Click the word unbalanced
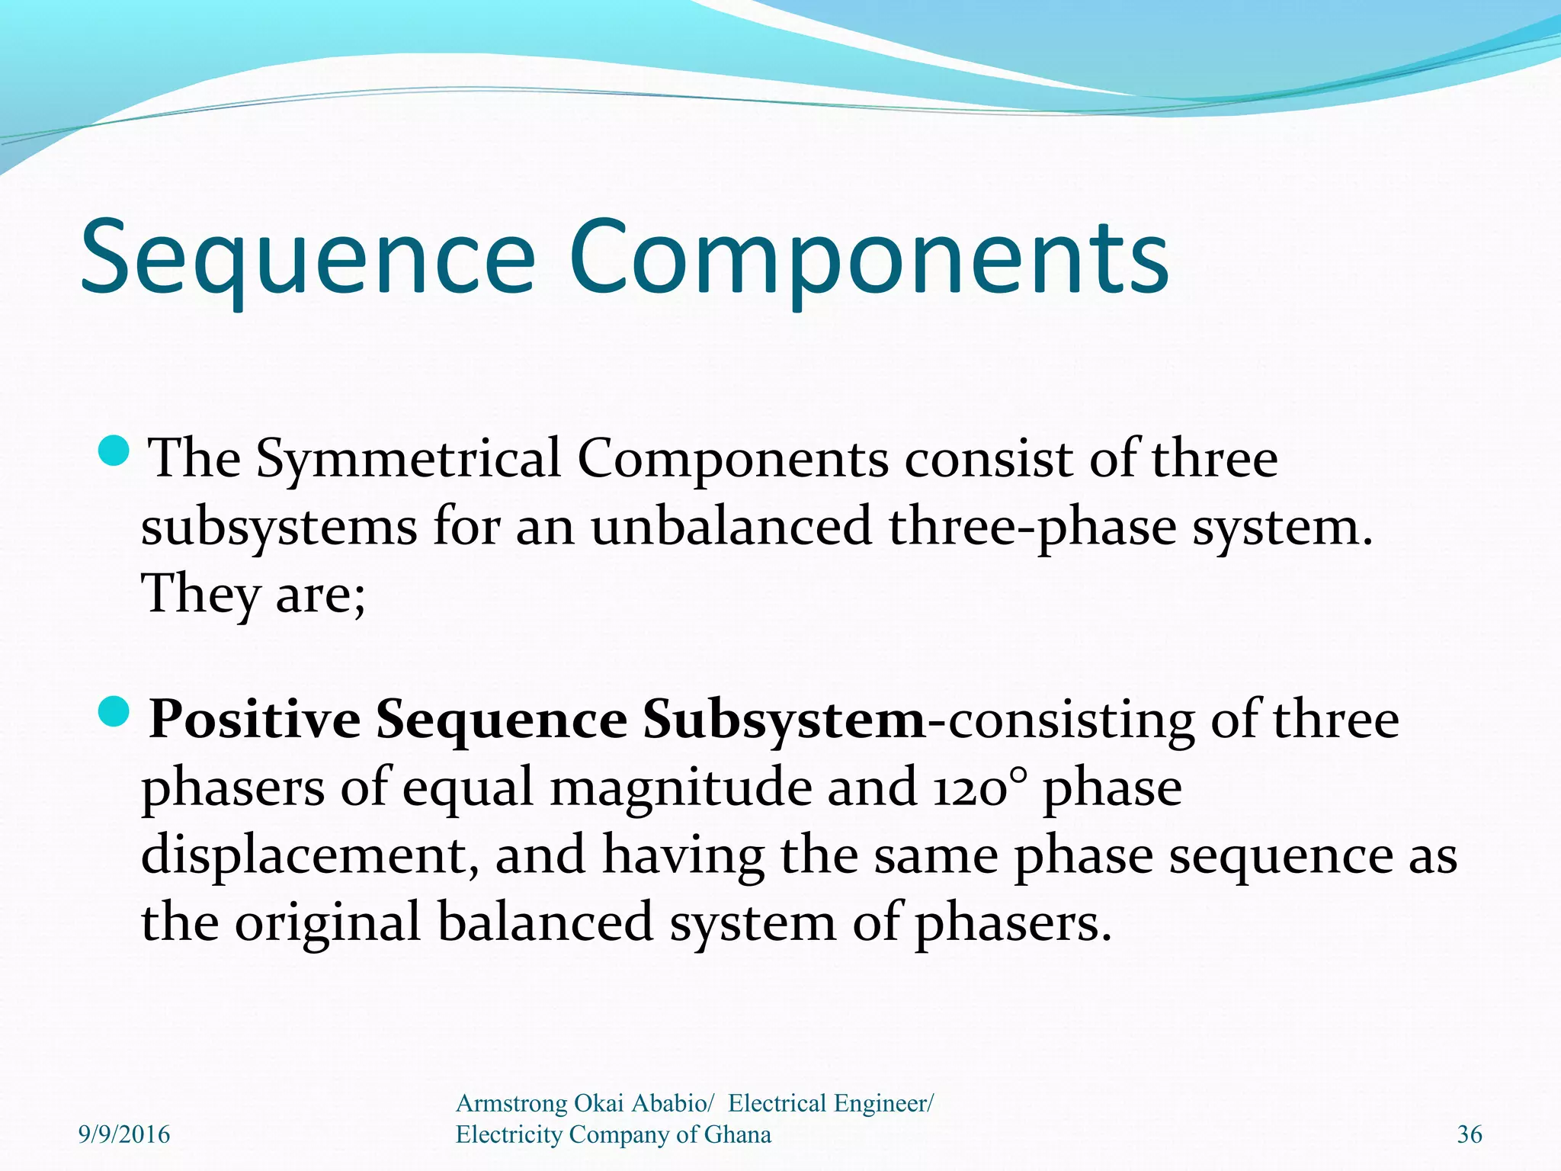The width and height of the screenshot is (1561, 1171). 731,528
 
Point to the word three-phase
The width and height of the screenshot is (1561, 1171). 1032,528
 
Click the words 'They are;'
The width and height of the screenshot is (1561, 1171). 254,595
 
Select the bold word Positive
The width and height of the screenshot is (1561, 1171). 255,720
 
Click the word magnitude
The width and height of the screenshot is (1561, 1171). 680,788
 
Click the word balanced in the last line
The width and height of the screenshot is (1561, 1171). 545,922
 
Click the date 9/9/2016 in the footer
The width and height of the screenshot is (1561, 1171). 124,1134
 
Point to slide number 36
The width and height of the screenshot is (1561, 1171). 1470,1134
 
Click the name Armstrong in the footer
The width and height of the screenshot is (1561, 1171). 511,1103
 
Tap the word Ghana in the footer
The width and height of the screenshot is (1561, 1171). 737,1134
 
